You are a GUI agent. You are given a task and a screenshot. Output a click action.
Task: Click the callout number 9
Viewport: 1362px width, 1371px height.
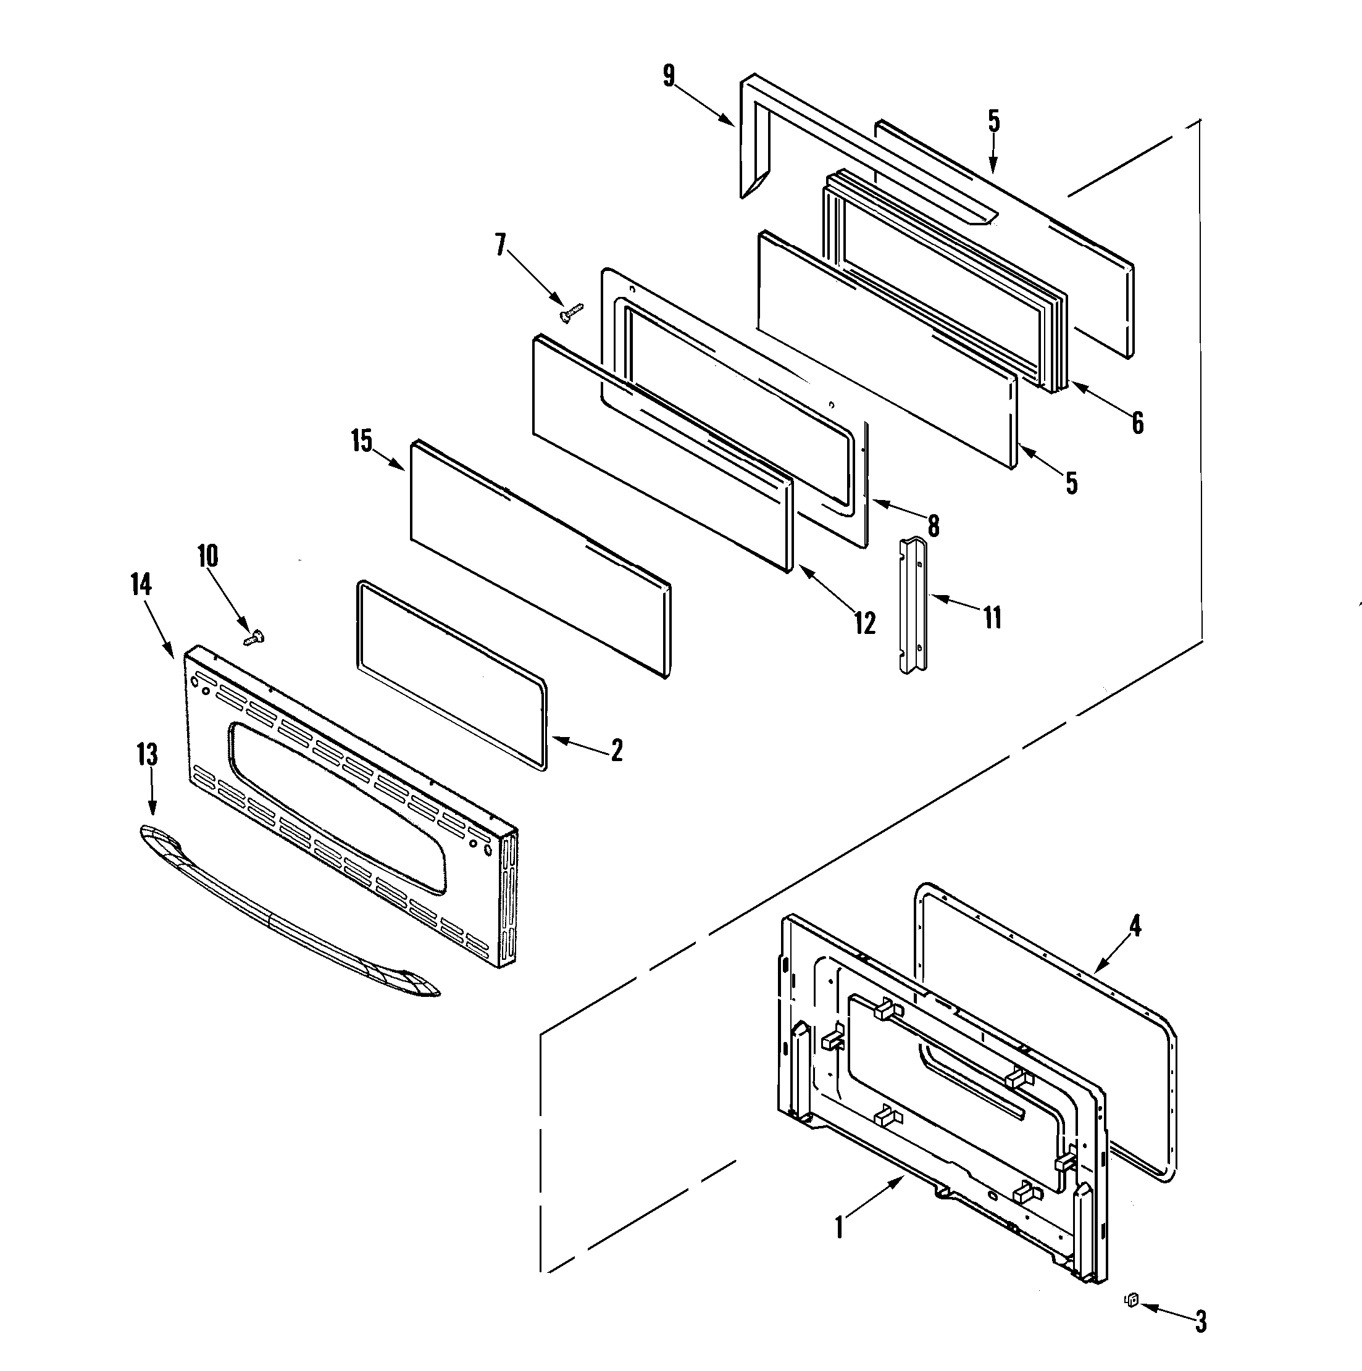[x=669, y=76]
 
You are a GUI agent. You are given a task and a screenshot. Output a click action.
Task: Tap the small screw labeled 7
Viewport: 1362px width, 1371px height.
[x=570, y=312]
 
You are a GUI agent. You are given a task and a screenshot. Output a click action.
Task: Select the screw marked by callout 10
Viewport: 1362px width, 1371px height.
[x=253, y=637]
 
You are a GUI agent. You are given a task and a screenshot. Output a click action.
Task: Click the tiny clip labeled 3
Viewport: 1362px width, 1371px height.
[x=1132, y=1299]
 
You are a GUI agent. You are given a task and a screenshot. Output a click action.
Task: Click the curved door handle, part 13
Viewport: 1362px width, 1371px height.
[x=284, y=916]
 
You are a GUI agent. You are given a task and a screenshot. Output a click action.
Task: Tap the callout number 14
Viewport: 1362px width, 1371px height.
[x=141, y=584]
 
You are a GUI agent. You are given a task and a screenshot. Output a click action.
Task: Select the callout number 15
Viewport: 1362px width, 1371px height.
[x=361, y=441]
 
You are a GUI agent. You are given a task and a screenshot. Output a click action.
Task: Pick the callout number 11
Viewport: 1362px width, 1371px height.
[x=992, y=617]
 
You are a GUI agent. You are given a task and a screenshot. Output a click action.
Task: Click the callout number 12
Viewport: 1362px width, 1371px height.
[x=864, y=623]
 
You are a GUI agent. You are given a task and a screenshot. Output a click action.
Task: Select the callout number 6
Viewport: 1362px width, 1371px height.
[x=1138, y=423]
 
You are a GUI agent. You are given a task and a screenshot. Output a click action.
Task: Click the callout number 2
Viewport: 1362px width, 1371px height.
[x=617, y=750]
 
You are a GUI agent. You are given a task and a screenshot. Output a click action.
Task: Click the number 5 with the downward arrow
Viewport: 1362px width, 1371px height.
[x=993, y=122]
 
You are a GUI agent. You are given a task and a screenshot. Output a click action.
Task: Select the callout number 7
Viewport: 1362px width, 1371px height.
[x=501, y=246]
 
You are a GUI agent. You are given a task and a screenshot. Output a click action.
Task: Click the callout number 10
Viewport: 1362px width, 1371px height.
[x=207, y=556]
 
